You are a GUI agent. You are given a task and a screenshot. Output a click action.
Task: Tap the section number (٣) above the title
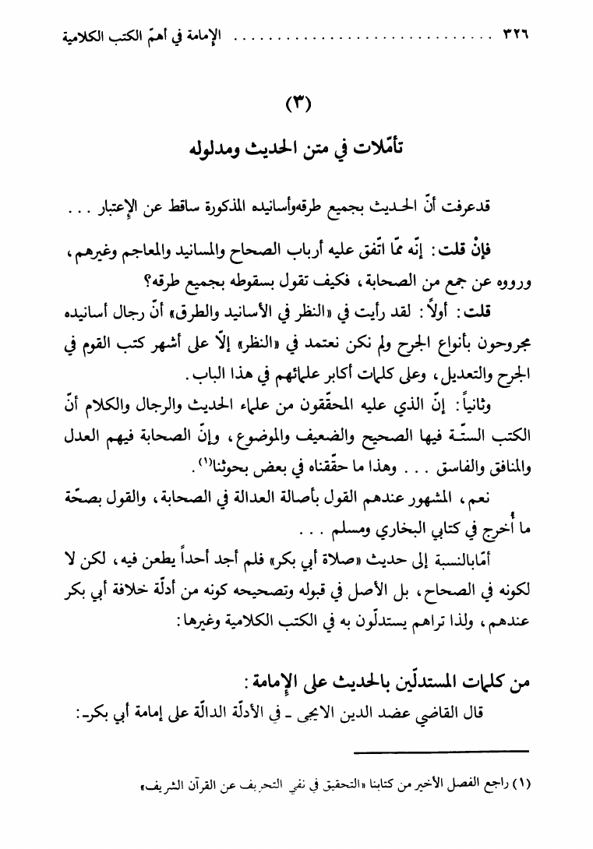(x=297, y=104)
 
